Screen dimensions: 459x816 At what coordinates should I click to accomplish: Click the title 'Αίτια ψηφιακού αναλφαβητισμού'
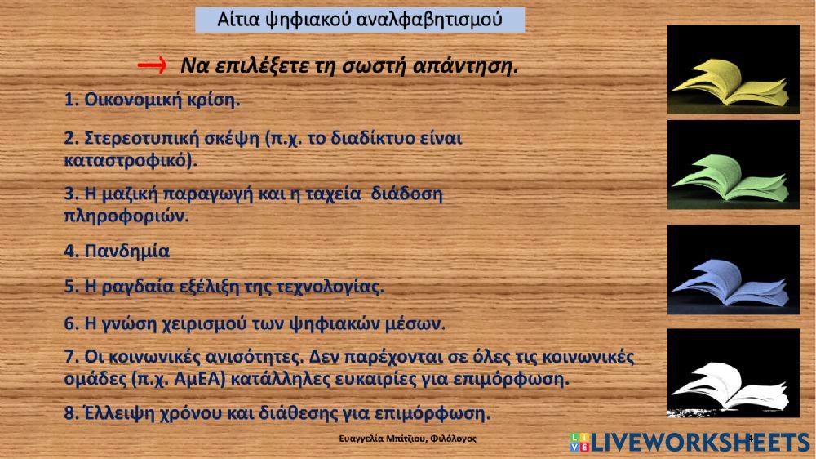point(360,19)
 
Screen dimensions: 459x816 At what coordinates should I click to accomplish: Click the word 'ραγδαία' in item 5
point(140,287)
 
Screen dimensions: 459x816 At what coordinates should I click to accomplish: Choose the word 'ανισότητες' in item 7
point(246,358)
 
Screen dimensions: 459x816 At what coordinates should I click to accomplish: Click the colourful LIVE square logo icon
point(578,443)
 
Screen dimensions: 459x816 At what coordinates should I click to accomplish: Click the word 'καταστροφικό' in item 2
point(128,160)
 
